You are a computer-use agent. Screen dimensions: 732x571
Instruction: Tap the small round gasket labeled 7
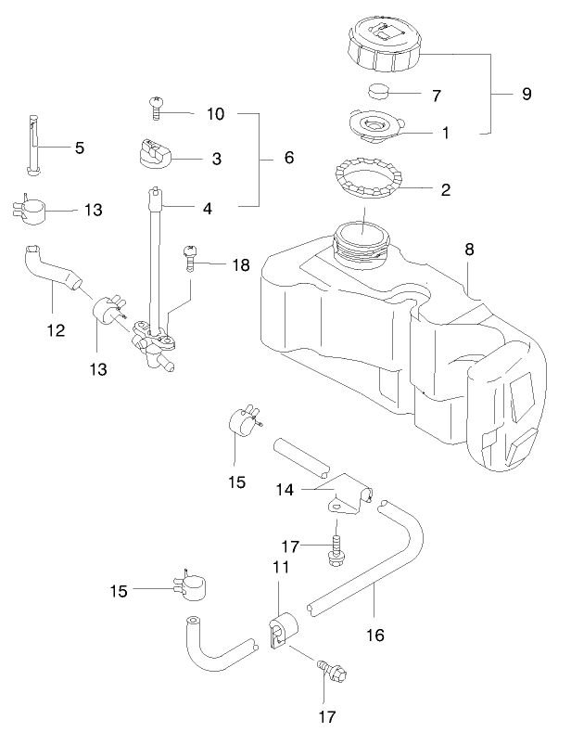pyautogui.click(x=380, y=91)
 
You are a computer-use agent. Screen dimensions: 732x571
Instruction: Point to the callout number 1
pyautogui.click(x=446, y=133)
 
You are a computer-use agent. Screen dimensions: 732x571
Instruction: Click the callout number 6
pyautogui.click(x=288, y=159)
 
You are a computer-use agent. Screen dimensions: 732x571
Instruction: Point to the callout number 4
pyautogui.click(x=208, y=209)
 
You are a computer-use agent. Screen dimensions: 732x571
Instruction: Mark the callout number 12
pyautogui.click(x=57, y=328)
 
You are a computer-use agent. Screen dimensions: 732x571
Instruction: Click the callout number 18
pyautogui.click(x=240, y=265)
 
